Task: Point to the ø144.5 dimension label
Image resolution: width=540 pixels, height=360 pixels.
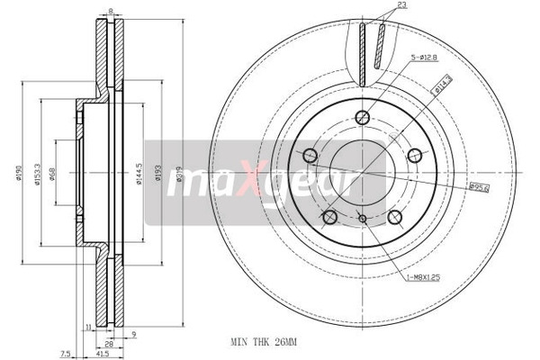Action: [139, 173]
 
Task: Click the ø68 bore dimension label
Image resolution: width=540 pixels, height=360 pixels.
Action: [54, 173]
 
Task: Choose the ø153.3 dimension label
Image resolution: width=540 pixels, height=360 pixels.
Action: [38, 173]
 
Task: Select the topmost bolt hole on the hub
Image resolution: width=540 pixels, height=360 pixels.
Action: [362, 116]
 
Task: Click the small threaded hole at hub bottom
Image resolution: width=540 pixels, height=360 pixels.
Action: [362, 218]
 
